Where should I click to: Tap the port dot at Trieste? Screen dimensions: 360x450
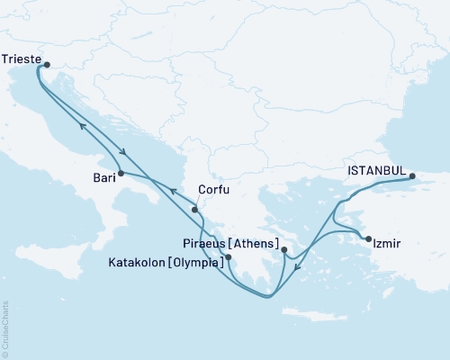(47, 64)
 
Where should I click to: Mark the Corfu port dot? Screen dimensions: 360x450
(194, 210)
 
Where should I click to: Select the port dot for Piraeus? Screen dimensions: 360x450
(283, 250)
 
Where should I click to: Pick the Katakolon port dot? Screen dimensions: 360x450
(229, 257)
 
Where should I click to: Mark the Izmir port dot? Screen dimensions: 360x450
(368, 238)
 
